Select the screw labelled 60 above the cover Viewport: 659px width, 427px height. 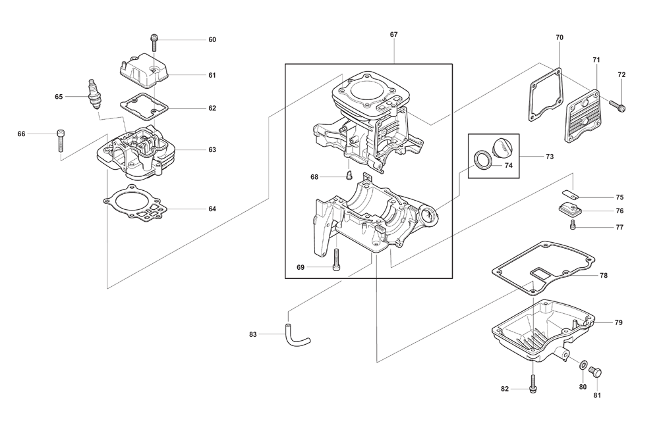click(154, 43)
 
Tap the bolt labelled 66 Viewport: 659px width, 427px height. click(61, 141)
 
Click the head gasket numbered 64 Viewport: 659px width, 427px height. click(135, 203)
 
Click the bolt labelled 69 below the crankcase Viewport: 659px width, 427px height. click(336, 260)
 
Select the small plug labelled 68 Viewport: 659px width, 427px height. click(349, 175)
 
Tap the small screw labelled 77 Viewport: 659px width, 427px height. click(572, 226)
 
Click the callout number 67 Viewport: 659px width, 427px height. click(393, 35)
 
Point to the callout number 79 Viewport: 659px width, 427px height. click(618, 322)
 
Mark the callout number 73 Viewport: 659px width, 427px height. click(550, 157)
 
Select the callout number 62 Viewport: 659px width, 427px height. click(212, 108)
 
